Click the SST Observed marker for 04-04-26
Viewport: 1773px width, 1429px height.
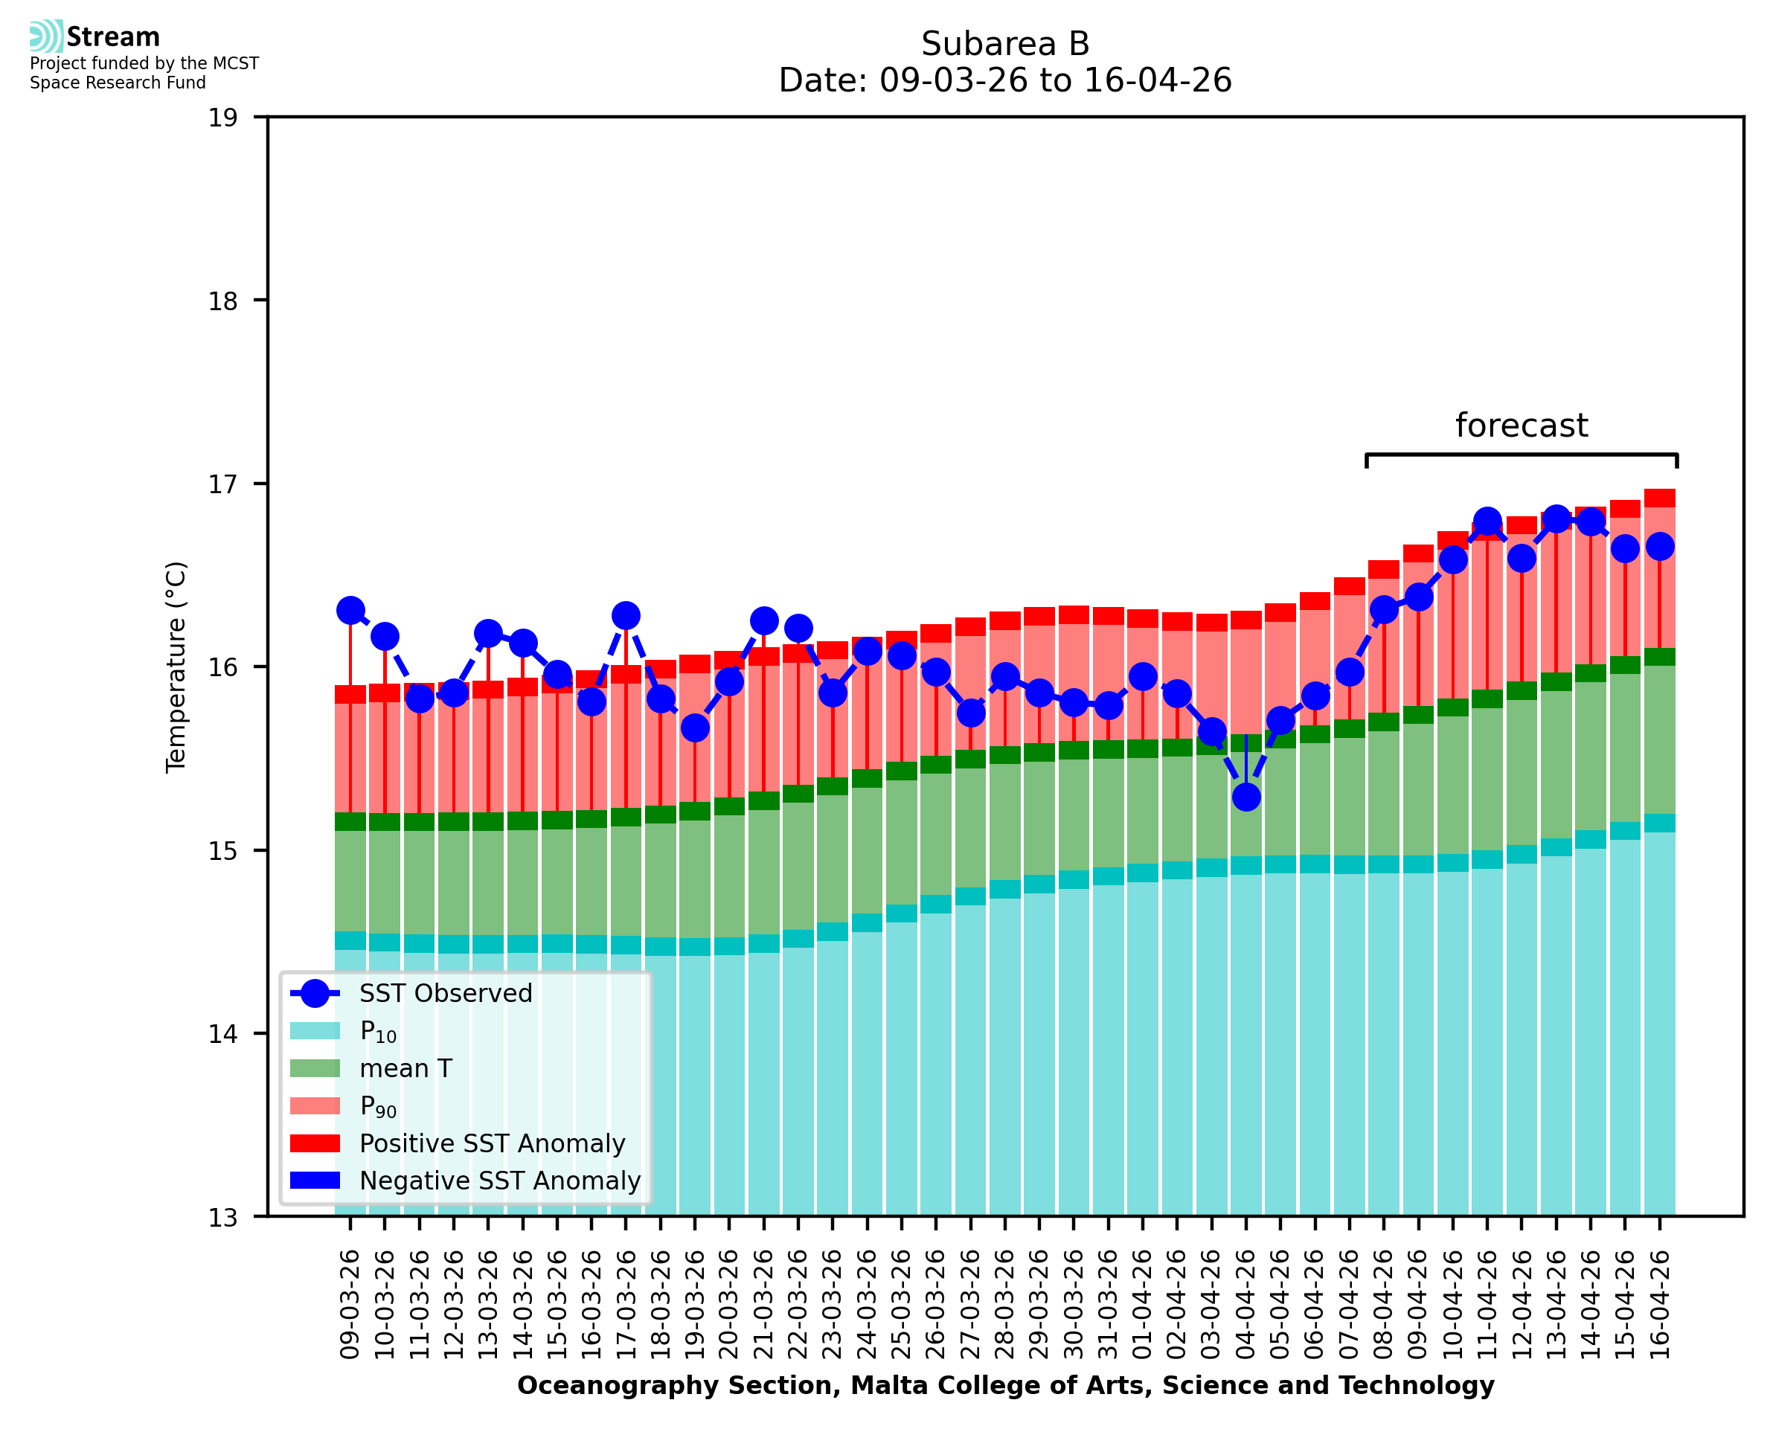1245,797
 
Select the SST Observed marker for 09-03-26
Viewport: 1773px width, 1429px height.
350,611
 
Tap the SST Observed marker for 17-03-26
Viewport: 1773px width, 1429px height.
626,616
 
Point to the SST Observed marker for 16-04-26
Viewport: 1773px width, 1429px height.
1659,547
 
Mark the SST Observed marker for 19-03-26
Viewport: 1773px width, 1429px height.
695,728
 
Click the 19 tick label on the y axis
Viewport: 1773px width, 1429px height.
222,118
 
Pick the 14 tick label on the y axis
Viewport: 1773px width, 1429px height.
222,1034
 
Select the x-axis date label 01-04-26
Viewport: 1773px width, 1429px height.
1143,1305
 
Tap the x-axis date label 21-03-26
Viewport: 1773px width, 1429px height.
764,1305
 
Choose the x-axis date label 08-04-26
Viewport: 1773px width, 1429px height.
1384,1305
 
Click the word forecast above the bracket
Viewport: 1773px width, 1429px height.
1521,426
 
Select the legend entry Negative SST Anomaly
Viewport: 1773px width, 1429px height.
466,1181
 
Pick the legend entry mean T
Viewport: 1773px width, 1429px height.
371,1068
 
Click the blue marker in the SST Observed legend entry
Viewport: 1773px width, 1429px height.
315,994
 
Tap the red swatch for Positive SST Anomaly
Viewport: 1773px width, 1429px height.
315,1143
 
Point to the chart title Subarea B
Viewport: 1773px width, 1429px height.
1005,44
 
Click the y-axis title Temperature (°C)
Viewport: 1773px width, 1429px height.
176,667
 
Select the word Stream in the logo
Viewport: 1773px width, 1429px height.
113,37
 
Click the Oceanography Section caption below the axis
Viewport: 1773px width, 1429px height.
1005,1385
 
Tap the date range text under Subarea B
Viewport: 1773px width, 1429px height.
1005,80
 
